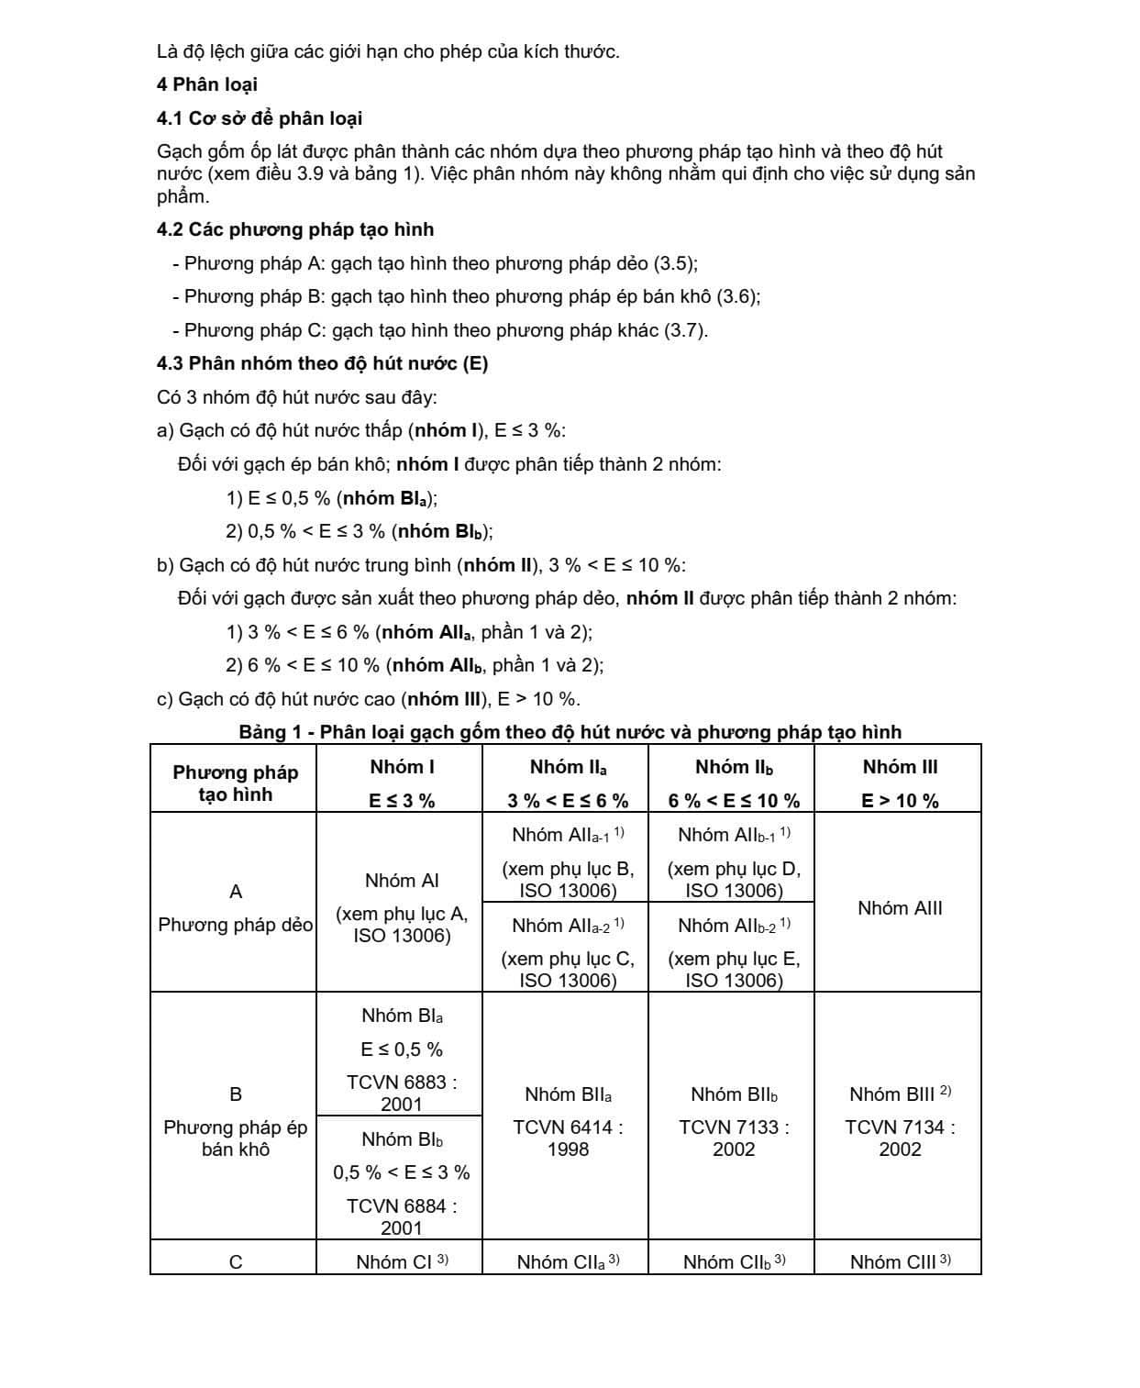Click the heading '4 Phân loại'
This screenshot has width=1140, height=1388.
coord(206,84)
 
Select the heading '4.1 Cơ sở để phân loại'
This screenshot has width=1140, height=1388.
coord(260,118)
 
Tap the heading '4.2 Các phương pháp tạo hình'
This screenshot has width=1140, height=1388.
coord(295,229)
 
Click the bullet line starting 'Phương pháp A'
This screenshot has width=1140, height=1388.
coord(435,263)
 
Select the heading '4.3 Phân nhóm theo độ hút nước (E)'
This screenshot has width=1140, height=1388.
coord(322,363)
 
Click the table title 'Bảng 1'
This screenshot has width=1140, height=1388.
coord(570,732)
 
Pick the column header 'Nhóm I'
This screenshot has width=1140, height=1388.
coord(402,767)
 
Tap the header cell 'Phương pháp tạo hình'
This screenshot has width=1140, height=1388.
coord(235,783)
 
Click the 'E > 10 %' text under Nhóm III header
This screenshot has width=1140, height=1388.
coord(900,801)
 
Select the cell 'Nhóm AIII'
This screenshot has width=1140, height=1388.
coord(900,908)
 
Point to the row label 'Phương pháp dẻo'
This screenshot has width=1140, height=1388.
coord(235,925)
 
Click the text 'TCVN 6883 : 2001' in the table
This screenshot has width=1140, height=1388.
coord(402,1093)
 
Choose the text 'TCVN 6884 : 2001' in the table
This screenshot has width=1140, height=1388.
coord(402,1216)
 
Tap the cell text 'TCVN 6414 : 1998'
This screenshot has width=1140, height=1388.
coord(568,1138)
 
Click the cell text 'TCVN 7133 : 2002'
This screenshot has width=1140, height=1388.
coord(734,1138)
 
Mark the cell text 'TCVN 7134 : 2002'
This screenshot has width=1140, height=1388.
coord(900,1138)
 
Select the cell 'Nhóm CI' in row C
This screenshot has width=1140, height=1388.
coord(402,1262)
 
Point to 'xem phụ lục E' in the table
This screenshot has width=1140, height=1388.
coord(734,960)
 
